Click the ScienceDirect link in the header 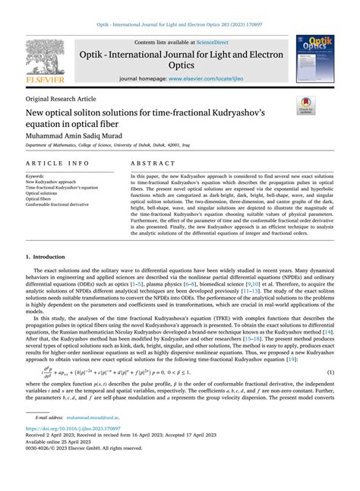click(216, 43)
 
